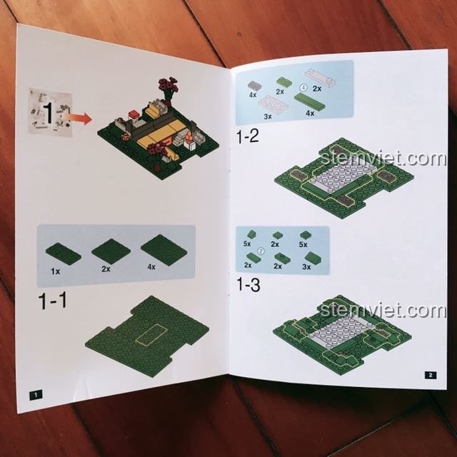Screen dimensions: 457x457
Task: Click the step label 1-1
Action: (x=52, y=301)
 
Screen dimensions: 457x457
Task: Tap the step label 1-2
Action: (x=248, y=136)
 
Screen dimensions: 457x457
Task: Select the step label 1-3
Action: (x=248, y=284)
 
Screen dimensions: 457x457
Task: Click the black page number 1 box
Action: (x=36, y=395)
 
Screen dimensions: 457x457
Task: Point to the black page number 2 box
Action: (x=431, y=375)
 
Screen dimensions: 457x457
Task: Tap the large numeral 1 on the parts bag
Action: (x=49, y=112)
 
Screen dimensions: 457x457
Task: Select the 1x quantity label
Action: (x=56, y=271)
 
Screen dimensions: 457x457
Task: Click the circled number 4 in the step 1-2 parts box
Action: (x=303, y=87)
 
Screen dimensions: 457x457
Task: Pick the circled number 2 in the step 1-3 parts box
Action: (x=261, y=251)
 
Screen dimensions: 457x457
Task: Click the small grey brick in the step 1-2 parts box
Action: (x=254, y=86)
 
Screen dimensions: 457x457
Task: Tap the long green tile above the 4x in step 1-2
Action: (x=309, y=101)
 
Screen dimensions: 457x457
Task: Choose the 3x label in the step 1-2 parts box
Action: (x=268, y=116)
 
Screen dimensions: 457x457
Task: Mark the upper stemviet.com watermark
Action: (x=383, y=159)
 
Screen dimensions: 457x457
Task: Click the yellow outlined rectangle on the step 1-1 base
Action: (x=152, y=335)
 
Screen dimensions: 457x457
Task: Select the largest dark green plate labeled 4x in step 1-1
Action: (x=164, y=250)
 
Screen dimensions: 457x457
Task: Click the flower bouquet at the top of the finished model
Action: (x=169, y=86)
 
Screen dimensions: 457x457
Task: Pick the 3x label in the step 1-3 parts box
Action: (x=306, y=266)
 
